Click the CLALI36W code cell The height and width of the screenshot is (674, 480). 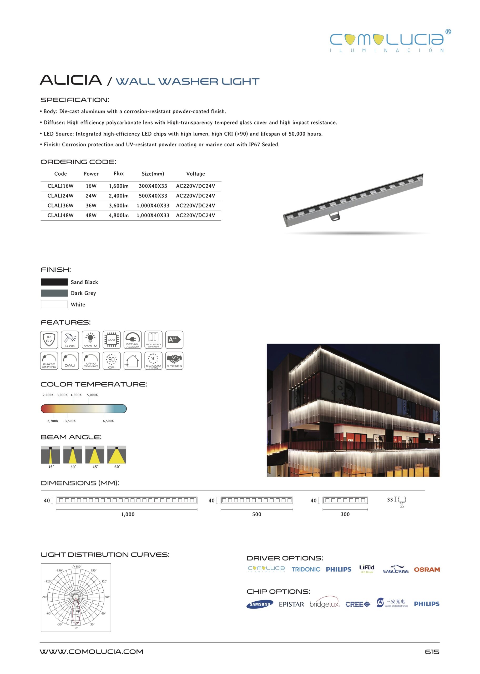tap(60, 206)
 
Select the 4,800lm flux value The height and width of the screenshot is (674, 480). tap(119, 215)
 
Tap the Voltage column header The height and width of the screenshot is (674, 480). tap(195, 174)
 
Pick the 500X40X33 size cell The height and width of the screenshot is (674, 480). tap(153, 196)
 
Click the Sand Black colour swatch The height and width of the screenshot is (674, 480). tap(54, 282)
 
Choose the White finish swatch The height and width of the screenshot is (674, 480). tap(54, 304)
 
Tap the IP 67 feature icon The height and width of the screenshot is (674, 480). tap(49, 340)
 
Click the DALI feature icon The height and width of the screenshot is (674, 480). tap(70, 361)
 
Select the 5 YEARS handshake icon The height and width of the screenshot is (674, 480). tap(174, 361)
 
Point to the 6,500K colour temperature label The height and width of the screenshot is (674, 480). tap(108, 421)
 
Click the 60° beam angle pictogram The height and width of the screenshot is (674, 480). tap(117, 454)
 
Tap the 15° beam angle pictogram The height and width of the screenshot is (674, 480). tap(50, 454)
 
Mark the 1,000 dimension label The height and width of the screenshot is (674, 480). tap(128, 514)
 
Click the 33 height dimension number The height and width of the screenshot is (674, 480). tap(390, 500)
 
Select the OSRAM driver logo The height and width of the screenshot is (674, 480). tap(427, 569)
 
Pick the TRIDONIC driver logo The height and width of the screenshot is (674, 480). tap(306, 569)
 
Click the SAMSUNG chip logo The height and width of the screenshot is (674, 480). tap(260, 604)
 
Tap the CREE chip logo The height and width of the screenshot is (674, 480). tap(358, 604)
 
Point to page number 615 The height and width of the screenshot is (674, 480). tap(432, 652)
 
